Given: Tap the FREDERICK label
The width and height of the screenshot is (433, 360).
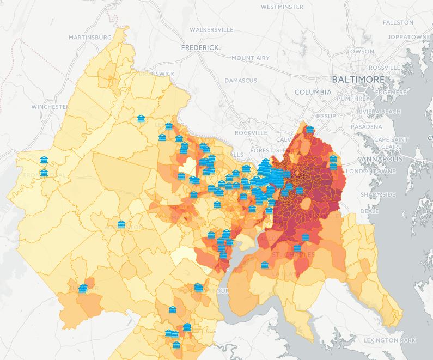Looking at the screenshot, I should [200, 48].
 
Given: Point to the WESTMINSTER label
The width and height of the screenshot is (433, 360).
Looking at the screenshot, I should [282, 7].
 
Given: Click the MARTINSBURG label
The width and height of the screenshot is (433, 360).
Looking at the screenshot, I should [90, 37].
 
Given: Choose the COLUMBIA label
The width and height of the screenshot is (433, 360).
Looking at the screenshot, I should [313, 93].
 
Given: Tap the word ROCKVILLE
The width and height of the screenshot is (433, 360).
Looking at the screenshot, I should [251, 132].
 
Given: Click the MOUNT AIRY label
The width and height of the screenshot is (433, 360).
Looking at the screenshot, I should [250, 58].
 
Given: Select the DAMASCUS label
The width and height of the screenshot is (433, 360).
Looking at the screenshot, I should [240, 81].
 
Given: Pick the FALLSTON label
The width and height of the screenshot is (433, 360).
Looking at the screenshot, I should [398, 22].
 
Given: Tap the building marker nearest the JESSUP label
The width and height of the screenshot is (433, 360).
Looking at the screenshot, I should [310, 130].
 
